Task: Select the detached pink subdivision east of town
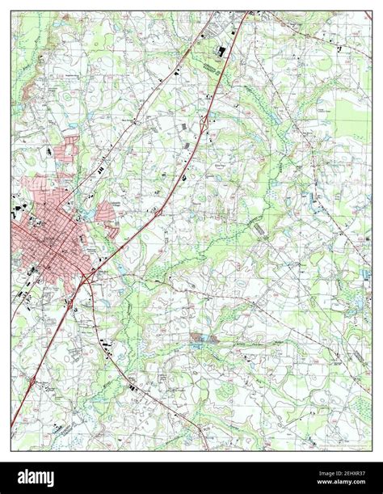pyautogui.click(x=107, y=213)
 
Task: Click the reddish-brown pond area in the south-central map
pyautogui.click(x=203, y=337)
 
